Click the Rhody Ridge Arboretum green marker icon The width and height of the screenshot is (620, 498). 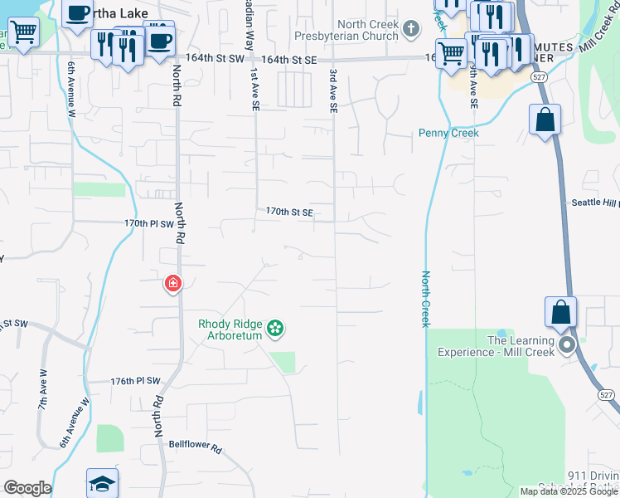(276, 330)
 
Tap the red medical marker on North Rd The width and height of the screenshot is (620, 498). (173, 285)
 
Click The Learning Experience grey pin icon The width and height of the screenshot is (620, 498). (567, 344)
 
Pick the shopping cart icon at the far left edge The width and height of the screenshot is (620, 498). (24, 32)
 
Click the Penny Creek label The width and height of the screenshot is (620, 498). (448, 133)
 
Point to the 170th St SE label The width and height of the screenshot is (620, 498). (289, 212)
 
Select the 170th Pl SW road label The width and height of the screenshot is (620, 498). (149, 224)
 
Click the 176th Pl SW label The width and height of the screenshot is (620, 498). (135, 381)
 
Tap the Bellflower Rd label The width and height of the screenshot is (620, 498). (196, 447)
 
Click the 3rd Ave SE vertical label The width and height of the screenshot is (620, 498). (333, 90)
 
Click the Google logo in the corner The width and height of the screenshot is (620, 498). (27, 488)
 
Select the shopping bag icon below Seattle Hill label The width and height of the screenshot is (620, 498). (560, 313)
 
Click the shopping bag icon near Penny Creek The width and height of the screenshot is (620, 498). (545, 120)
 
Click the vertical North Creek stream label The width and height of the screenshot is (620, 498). (425, 299)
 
